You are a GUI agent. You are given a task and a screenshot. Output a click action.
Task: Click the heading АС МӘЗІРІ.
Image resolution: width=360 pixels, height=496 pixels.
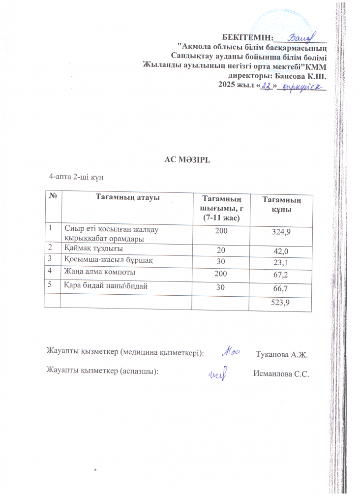click(x=186, y=159)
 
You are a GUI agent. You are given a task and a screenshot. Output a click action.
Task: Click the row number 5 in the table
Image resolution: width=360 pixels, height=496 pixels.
click(x=50, y=283)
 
